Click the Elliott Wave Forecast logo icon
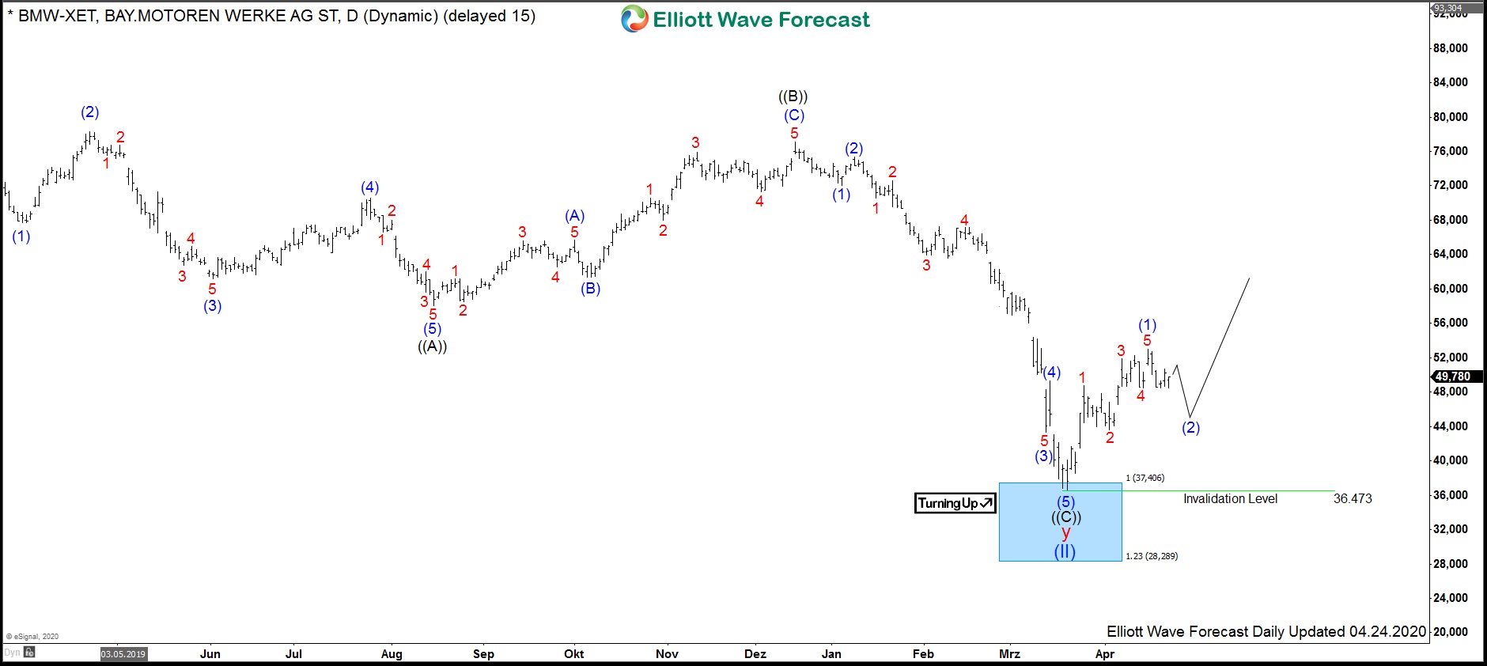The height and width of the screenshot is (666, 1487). pyautogui.click(x=634, y=19)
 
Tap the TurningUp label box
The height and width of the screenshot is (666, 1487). pyautogui.click(x=955, y=503)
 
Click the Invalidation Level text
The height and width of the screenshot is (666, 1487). pyautogui.click(x=1230, y=498)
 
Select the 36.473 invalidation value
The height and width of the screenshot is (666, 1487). pyautogui.click(x=1353, y=498)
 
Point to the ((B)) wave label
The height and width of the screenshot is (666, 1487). pyautogui.click(x=793, y=96)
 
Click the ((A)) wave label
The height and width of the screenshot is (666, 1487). pyautogui.click(x=433, y=346)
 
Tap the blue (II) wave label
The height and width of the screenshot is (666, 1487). pyautogui.click(x=1065, y=551)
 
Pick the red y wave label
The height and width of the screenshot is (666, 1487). pyautogui.click(x=1065, y=533)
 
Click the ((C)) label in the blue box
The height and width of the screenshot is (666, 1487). pyautogui.click(x=1066, y=517)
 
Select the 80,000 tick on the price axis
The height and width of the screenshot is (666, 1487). pyautogui.click(x=1450, y=117)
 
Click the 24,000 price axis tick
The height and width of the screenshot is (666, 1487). pyautogui.click(x=1450, y=598)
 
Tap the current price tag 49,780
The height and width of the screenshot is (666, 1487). pyautogui.click(x=1452, y=377)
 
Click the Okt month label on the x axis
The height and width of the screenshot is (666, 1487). pyautogui.click(x=574, y=654)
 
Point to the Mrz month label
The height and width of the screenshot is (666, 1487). pyautogui.click(x=1009, y=654)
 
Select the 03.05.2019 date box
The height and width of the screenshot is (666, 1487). pyautogui.click(x=123, y=654)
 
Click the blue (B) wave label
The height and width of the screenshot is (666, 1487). pyautogui.click(x=591, y=289)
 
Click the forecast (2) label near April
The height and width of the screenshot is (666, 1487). pyautogui.click(x=1190, y=428)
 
